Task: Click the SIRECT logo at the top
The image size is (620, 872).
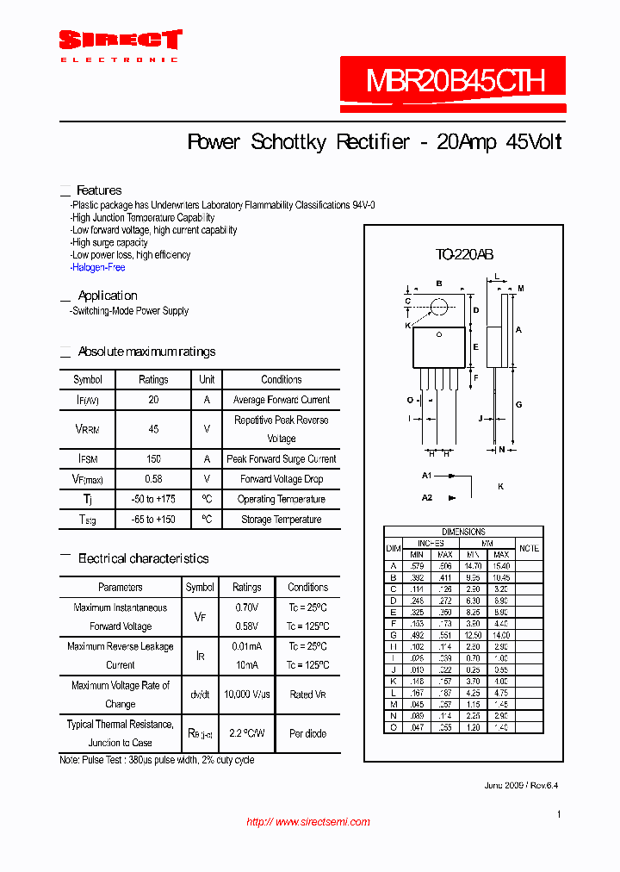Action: [120, 40]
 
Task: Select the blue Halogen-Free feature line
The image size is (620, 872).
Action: [98, 268]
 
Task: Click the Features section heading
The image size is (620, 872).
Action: [99, 190]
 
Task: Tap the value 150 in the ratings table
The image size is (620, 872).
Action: [153, 459]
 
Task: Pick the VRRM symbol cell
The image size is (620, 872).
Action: [87, 428]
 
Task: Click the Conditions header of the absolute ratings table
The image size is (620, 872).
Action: [281, 379]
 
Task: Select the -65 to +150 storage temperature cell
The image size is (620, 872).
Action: [153, 520]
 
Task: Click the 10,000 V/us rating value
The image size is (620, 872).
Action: [246, 694]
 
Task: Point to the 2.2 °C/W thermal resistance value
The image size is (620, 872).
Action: [246, 734]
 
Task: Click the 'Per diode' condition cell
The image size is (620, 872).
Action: [307, 734]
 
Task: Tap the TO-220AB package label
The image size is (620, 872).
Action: [464, 255]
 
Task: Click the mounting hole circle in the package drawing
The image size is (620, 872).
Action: [439, 306]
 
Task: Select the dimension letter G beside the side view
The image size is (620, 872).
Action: [519, 404]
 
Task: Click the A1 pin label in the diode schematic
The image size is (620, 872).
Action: [426, 476]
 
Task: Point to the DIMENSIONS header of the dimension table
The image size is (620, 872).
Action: [463, 532]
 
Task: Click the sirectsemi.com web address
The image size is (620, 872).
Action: [308, 822]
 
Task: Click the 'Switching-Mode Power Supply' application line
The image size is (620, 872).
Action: [129, 311]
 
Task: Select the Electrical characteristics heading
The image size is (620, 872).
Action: [143, 558]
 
